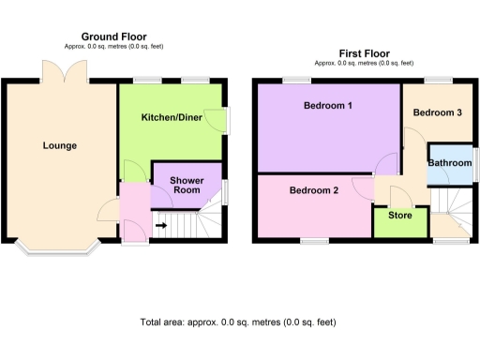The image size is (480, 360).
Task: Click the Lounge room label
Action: [x=59, y=145]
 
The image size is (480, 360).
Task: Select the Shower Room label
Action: [x=187, y=185]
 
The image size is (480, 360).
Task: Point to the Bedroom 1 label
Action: [x=327, y=106]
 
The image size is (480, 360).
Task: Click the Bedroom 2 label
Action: [x=313, y=190]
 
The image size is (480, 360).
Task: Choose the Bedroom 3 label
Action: [x=438, y=112]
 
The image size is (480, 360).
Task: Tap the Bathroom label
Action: [x=449, y=163]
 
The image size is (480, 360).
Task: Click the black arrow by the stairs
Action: [x=160, y=225]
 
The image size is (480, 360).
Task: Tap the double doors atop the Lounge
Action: [x=54, y=71]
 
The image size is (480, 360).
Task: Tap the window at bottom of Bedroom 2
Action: [x=314, y=241]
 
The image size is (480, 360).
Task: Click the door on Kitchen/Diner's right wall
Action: [x=218, y=119]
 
